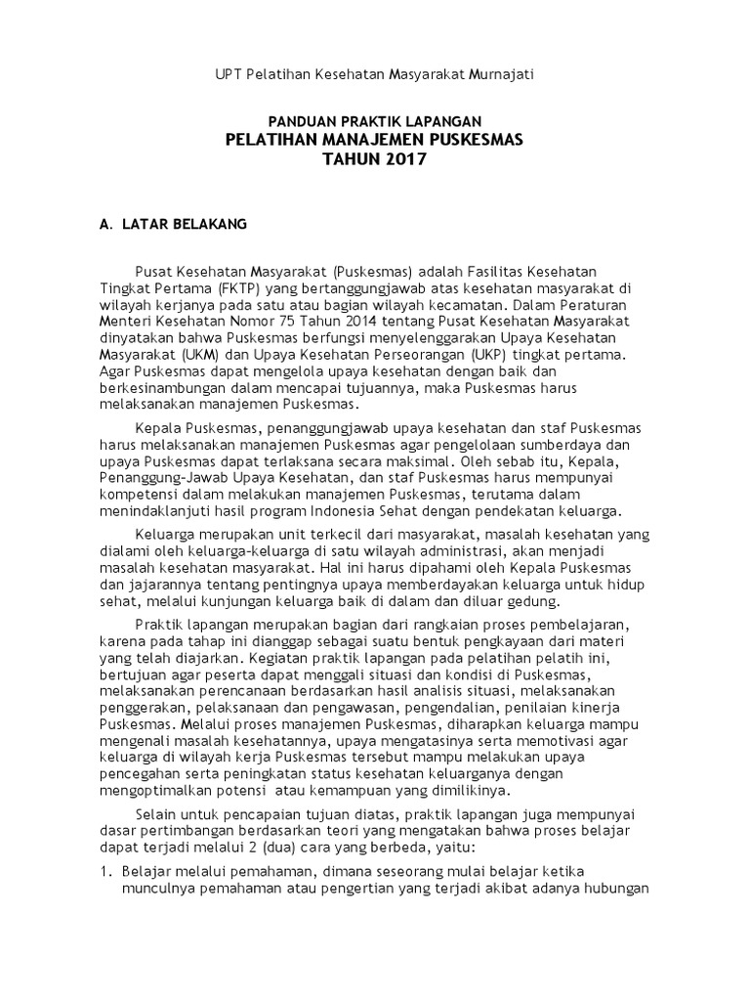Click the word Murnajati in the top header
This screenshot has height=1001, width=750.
coord(495,74)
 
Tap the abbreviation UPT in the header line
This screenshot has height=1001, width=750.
coord(228,74)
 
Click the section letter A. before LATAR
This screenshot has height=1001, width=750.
coord(106,224)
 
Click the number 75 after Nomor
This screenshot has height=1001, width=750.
coord(309,319)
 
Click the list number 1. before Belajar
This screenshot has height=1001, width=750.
coord(106,872)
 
